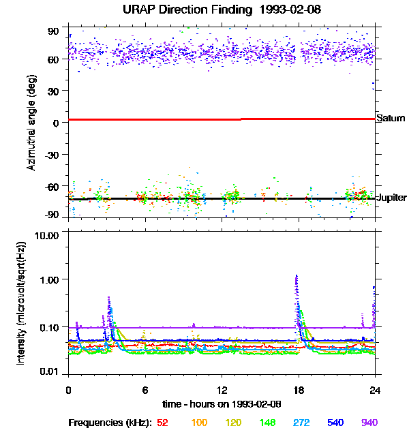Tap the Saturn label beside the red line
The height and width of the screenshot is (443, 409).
391,119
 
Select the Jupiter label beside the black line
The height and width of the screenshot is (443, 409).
391,197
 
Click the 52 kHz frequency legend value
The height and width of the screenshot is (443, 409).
162,423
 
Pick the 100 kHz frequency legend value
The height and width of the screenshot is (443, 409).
199,423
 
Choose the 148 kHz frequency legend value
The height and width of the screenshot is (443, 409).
268,423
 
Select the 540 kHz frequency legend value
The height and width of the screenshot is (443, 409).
336,423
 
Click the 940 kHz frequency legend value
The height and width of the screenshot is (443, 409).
369,423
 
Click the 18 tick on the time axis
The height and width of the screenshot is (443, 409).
297,390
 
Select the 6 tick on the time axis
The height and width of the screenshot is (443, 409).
145,390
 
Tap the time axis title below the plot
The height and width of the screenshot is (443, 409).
221,404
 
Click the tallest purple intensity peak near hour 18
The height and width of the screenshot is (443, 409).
296,276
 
